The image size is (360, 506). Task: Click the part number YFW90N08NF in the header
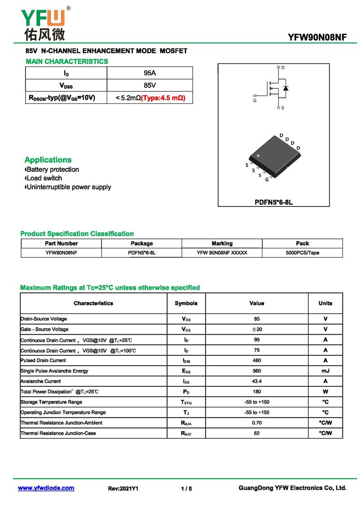coord(317,38)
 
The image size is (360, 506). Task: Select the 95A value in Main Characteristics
coord(150,73)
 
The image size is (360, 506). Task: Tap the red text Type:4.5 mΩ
coord(163,98)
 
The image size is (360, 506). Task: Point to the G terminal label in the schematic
coord(255,101)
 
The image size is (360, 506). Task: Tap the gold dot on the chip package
coord(258,156)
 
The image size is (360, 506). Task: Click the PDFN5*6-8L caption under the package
coord(274,202)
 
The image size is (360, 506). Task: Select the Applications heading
coord(48,160)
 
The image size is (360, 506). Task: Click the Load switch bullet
coord(44,178)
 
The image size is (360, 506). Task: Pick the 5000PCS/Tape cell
coord(302,253)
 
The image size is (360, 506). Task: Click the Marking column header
coord(222,243)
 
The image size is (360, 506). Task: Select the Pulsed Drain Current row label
coord(43,360)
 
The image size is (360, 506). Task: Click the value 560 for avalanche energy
coord(256,371)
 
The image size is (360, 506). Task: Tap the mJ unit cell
coord(325,371)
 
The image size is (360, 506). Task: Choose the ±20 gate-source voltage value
coord(256,329)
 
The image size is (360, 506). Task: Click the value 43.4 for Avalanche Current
coord(256,381)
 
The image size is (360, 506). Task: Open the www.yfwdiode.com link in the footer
coord(46,488)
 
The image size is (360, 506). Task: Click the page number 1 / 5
coord(186,488)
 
